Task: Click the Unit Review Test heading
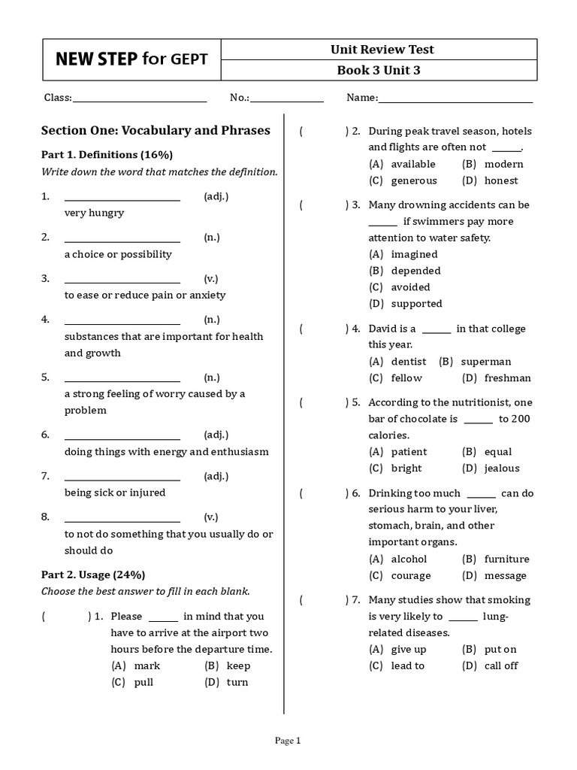point(383,50)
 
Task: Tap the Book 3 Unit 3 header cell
point(383,71)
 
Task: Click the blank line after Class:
point(140,98)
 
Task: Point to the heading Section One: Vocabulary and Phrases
point(156,130)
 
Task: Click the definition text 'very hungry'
point(94,213)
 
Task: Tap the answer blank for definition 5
point(122,377)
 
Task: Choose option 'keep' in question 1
point(238,665)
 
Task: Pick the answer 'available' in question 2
point(412,164)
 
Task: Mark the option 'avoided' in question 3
point(410,287)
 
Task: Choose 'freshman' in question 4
point(507,378)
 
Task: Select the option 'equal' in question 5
point(497,452)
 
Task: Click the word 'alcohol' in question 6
point(409,559)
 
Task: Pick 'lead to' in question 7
point(407,665)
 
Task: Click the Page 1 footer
point(288,741)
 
